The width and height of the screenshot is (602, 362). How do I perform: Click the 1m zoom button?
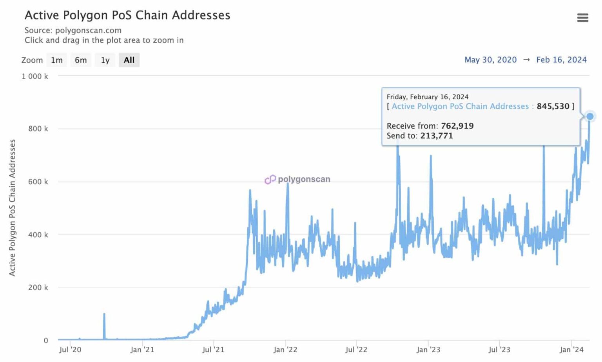coord(57,60)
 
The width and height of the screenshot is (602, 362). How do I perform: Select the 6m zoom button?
coord(81,60)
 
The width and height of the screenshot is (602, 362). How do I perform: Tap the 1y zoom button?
coord(105,60)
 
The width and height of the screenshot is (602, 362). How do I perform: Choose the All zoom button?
coord(129,60)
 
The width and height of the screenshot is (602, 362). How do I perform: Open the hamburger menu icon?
coord(582,18)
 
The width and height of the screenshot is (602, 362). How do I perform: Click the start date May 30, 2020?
coord(490,60)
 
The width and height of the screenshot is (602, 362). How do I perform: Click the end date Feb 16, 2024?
coord(561,60)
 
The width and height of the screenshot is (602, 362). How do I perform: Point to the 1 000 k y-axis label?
coord(35,76)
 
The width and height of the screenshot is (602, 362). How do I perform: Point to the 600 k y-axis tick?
coord(38,182)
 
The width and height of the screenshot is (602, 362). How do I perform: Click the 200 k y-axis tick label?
coord(38,287)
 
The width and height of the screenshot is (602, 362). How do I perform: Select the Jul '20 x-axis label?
coord(70,349)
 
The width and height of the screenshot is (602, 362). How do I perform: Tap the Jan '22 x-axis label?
coord(285,349)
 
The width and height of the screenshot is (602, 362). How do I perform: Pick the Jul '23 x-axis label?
coord(499,349)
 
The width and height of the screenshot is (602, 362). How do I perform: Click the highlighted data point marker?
coord(589,116)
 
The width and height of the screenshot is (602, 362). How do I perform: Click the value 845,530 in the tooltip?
coord(553,106)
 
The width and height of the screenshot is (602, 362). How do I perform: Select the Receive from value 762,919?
coord(457,126)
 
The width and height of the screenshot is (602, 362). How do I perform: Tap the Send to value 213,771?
coord(437,136)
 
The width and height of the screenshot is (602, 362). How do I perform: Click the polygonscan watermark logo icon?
coord(270,180)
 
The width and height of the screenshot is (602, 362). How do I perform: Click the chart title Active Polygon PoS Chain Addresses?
coord(127,15)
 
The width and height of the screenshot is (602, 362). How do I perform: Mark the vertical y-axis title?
coord(12,207)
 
